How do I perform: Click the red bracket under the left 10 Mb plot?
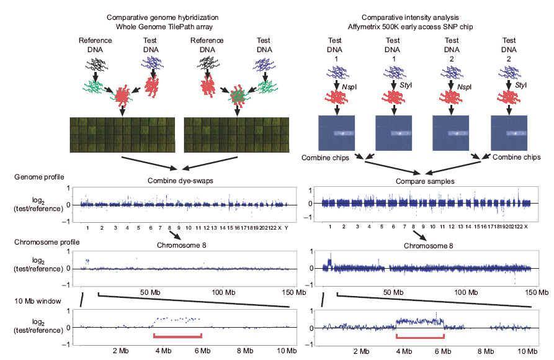click(178, 336)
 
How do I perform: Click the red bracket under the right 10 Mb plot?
click(420, 336)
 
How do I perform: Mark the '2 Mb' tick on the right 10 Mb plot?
click(361, 351)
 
